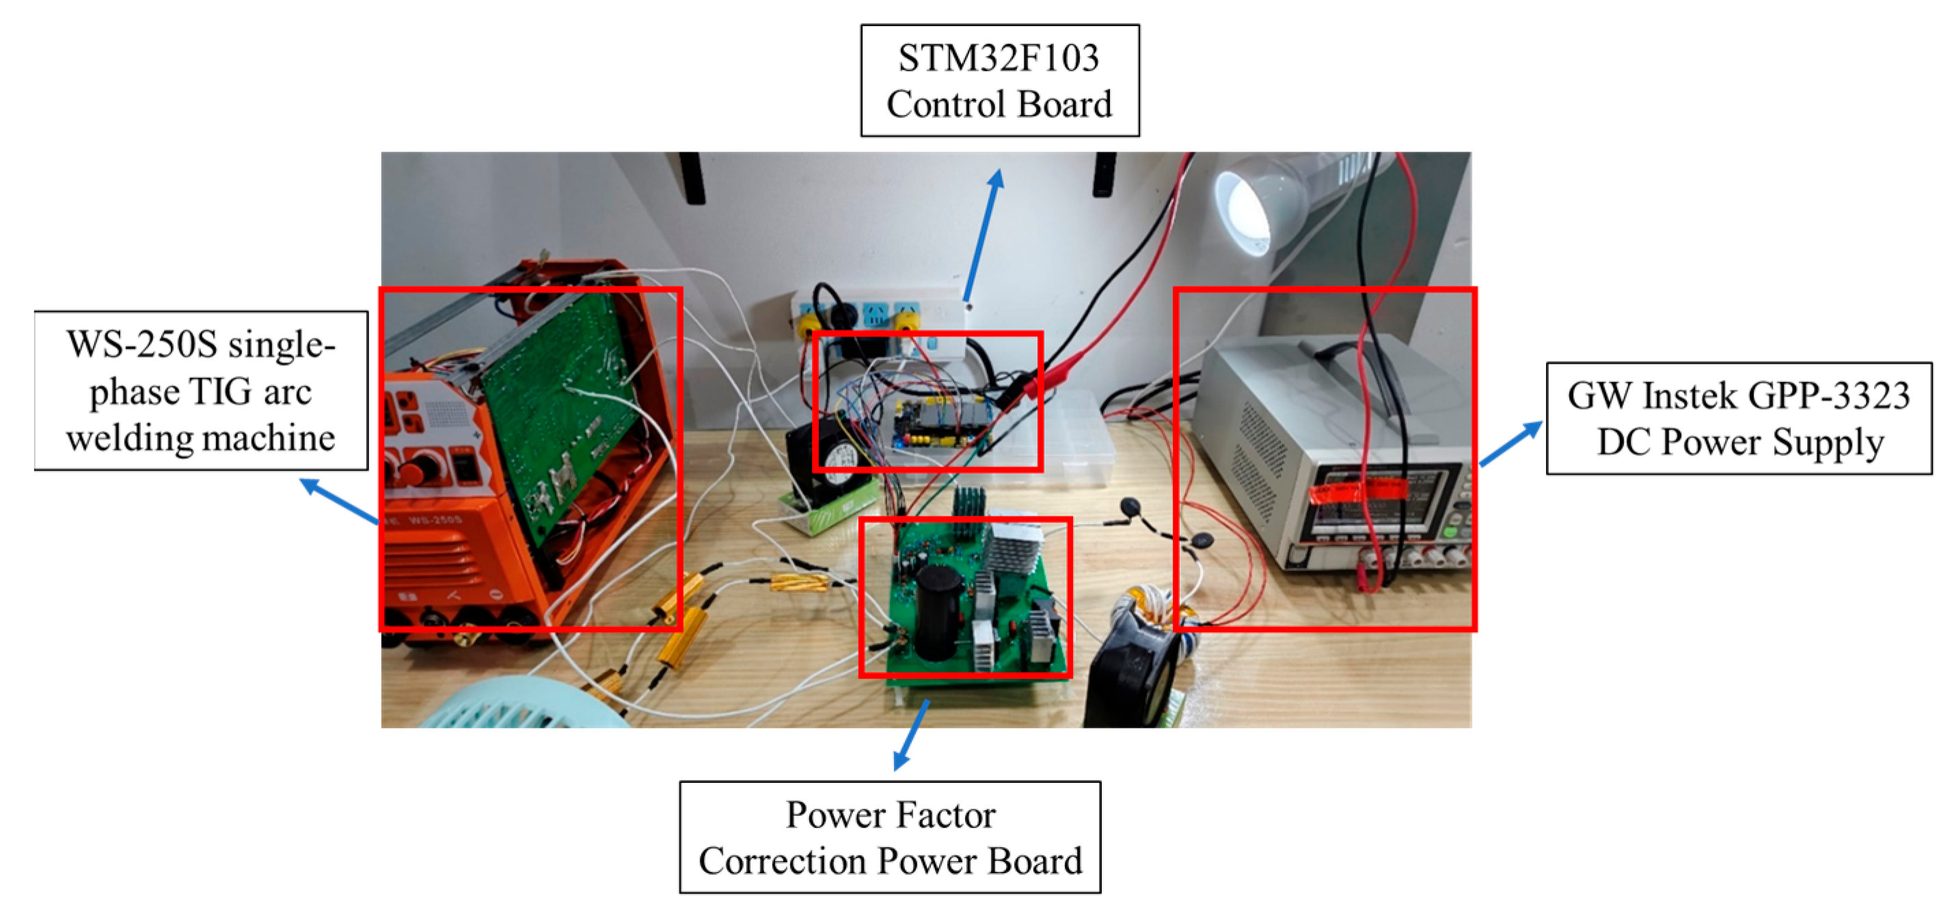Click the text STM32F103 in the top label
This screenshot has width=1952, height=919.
(999, 57)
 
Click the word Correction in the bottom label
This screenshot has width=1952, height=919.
(782, 862)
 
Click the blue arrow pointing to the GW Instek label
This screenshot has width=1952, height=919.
(1510, 444)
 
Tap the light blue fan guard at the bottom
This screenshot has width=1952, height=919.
(523, 705)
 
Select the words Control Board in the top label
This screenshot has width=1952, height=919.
(999, 105)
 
